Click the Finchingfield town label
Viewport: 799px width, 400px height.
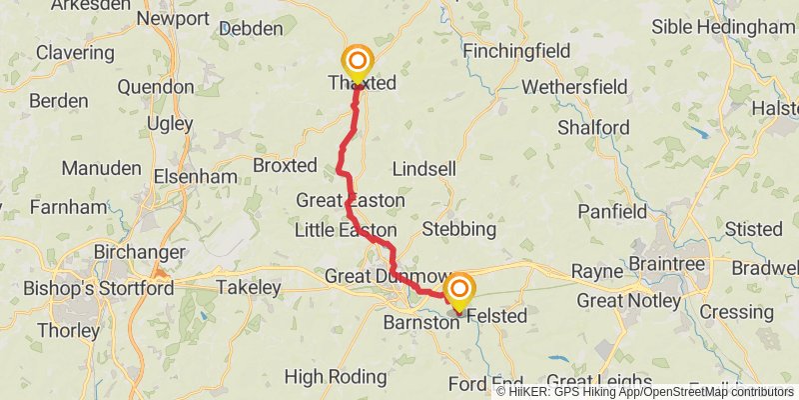pos(516,51)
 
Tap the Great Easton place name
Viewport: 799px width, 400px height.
pos(350,201)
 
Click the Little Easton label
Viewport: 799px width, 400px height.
pos(346,231)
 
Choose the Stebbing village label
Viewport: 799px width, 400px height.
pos(458,229)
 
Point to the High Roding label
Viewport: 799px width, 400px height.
pos(336,377)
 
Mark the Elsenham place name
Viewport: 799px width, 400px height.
pos(196,177)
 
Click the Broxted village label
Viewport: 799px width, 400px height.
pos(286,164)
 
